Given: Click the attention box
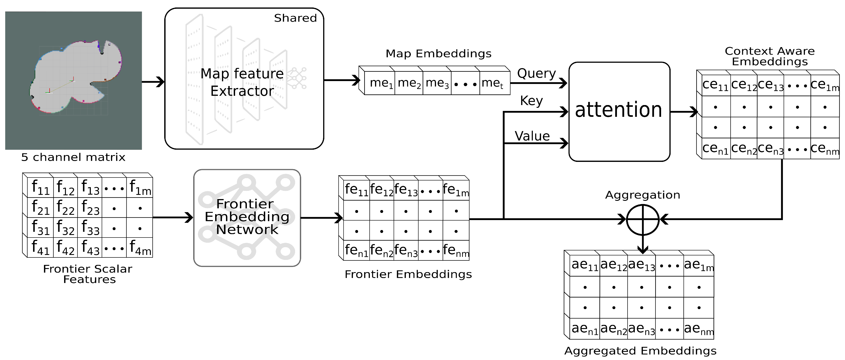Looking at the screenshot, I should tap(619, 111).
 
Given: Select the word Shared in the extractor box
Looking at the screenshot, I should tap(295, 18).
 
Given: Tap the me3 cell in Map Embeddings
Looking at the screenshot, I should tap(437, 83).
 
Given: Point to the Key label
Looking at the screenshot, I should tap(531, 101).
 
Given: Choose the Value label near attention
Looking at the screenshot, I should tap(532, 136).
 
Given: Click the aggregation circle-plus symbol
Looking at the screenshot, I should tap(643, 220).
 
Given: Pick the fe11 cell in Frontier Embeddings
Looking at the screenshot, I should tap(356, 190).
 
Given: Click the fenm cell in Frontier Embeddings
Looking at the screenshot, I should tap(456, 251).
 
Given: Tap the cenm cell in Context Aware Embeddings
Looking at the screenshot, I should tap(824, 149).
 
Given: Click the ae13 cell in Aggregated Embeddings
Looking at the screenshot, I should tap(641, 265).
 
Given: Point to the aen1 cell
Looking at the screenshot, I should tap(585, 329).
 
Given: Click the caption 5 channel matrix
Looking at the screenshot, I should tap(73, 157).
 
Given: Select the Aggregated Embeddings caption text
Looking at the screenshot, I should tap(640, 351).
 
